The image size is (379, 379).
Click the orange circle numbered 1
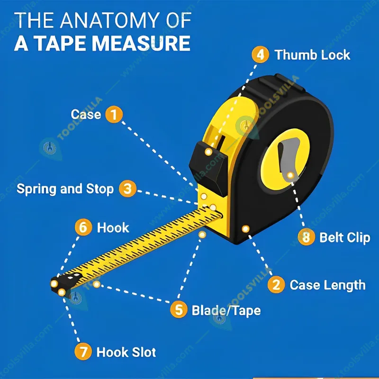114,115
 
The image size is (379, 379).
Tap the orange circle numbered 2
276,285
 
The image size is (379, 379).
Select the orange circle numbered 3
127,189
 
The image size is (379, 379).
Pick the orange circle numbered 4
260,54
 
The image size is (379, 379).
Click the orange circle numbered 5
179,310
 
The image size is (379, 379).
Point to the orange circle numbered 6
83,227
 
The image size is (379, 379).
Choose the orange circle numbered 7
83,352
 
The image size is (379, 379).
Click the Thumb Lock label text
312,54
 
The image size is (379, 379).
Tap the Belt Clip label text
344,237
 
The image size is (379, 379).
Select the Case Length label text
327,285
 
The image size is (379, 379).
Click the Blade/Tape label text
226,310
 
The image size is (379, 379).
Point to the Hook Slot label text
126,352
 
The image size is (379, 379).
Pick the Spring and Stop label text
65,189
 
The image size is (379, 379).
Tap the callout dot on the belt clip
291,175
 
